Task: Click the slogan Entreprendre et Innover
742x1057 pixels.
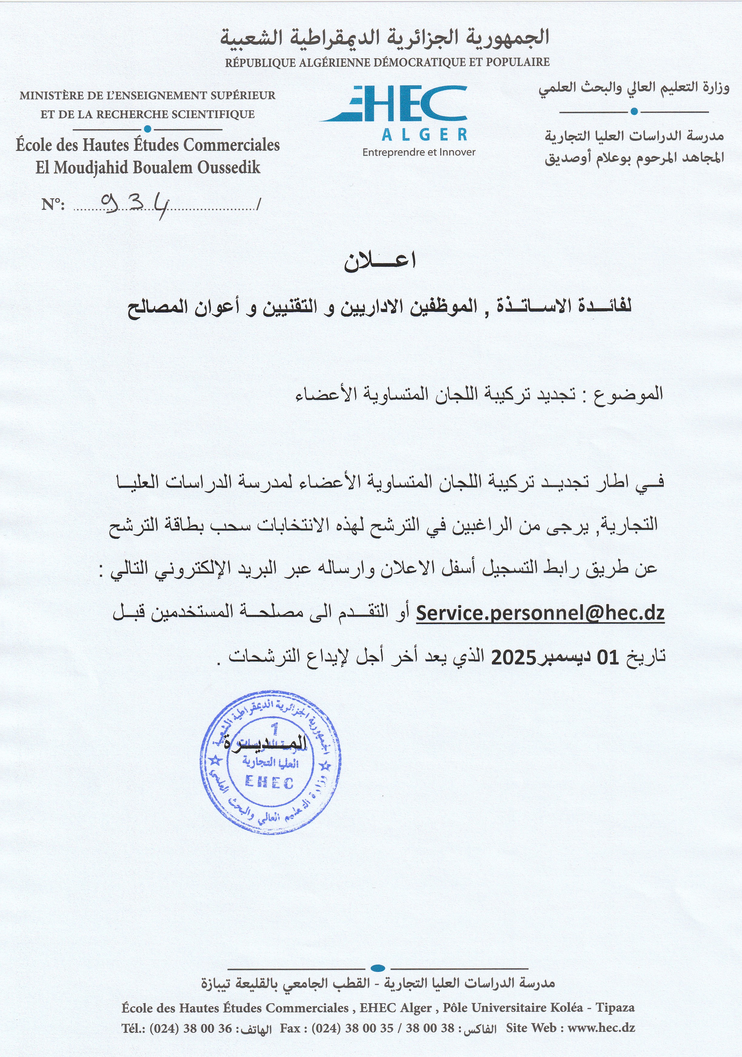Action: click(419, 152)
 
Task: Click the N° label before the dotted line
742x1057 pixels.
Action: click(53, 204)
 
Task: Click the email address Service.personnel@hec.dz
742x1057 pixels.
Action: click(540, 613)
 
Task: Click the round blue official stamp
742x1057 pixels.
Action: click(270, 762)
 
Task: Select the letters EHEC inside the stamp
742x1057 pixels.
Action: click(269, 782)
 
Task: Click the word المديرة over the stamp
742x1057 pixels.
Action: click(266, 743)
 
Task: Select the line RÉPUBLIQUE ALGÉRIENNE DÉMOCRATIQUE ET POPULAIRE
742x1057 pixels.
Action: click(387, 62)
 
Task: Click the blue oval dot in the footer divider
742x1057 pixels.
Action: click(378, 968)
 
